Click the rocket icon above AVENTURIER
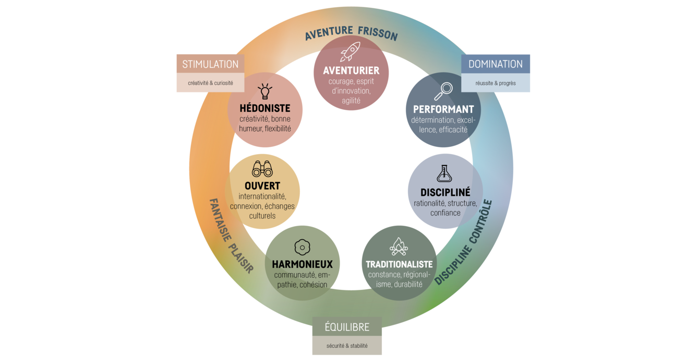(x=351, y=52)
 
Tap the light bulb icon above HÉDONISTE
(x=265, y=91)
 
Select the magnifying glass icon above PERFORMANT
(x=443, y=91)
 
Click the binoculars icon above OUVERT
(x=262, y=169)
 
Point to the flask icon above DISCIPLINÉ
(x=445, y=173)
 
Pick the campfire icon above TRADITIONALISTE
(x=399, y=246)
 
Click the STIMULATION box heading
(x=210, y=64)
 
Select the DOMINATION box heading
(x=496, y=64)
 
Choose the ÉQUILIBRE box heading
(x=347, y=327)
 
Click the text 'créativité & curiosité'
(x=210, y=83)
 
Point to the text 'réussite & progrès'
(x=496, y=83)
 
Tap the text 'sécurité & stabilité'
(x=347, y=346)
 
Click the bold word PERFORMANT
(x=443, y=109)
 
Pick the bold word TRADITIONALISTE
(x=399, y=264)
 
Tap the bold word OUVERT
(x=262, y=186)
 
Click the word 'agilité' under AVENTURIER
(x=351, y=101)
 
